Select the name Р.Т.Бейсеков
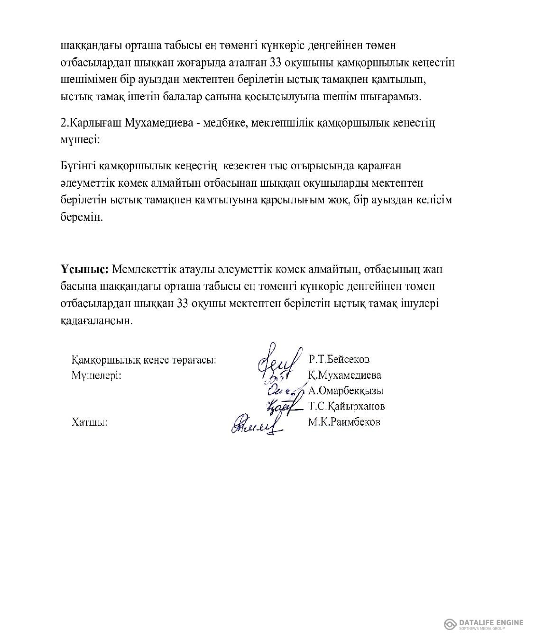[339, 359]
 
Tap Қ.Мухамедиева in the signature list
[344, 375]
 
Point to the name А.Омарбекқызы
[346, 391]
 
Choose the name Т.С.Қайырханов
[346, 406]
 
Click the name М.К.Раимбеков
[344, 422]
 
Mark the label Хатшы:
[90, 422]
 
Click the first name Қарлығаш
[96, 123]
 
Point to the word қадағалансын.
[95, 321]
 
